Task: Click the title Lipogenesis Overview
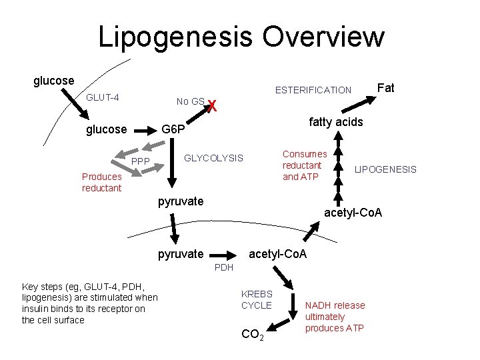pos(241,37)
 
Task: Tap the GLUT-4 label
pos(103,98)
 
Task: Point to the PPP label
pos(141,161)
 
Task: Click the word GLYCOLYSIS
pos(213,158)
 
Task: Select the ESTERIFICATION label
pos(313,90)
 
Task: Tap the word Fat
pos(386,87)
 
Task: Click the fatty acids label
pos(335,121)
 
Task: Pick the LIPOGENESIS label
pos(385,169)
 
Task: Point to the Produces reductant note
pos(101,182)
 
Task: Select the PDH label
pos(224,267)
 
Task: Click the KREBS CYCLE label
pos(257,299)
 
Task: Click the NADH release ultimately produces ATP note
pos(335,317)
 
